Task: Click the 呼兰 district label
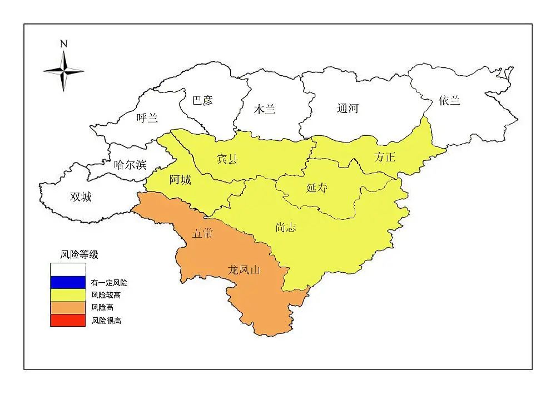[x=147, y=118]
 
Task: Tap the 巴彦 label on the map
[x=202, y=101]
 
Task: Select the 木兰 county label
[x=265, y=109]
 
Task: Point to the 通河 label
[x=348, y=109]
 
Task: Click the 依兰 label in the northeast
[x=449, y=100]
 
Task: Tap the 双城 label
[x=81, y=196]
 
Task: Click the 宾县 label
[x=227, y=159]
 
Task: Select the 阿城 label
[x=181, y=179]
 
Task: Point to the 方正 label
[x=385, y=157]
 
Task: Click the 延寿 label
[x=317, y=188]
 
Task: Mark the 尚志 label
[x=286, y=227]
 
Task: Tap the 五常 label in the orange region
[x=202, y=233]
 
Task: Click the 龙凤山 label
[x=244, y=270]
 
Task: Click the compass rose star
[x=64, y=71]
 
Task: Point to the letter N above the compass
[x=64, y=43]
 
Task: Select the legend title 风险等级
[x=80, y=254]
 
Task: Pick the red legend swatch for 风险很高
[x=68, y=321]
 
